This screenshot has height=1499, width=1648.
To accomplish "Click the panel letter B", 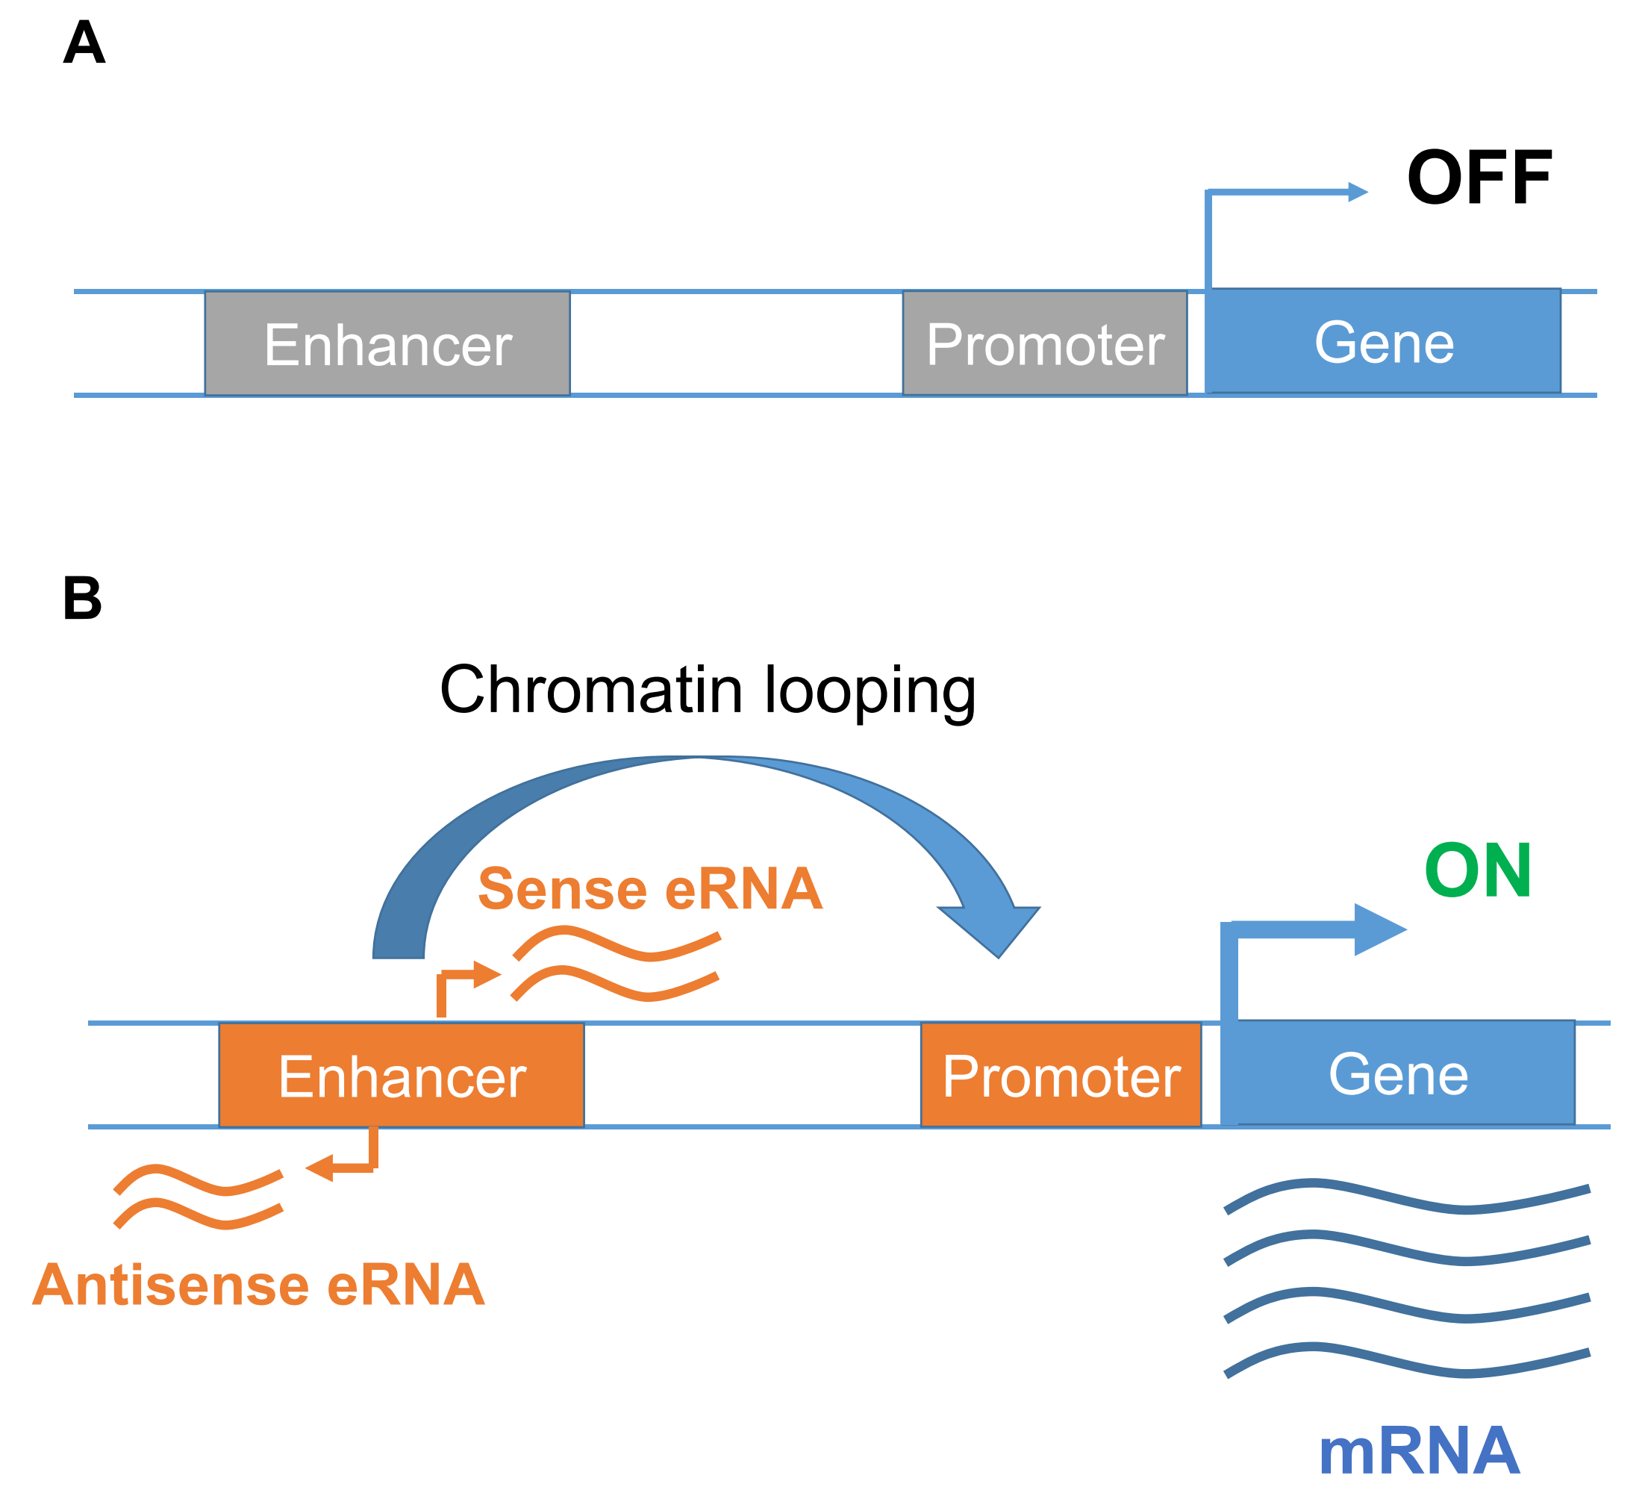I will pyautogui.click(x=83, y=599).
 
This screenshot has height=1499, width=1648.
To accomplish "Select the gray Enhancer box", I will pyautogui.click(x=387, y=343).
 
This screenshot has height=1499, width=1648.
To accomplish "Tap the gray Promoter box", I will pyautogui.click(x=1044, y=343).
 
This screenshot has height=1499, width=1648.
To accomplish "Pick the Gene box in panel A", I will pyautogui.click(x=1382, y=341).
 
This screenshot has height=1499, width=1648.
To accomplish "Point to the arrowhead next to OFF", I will pyautogui.click(x=1358, y=192).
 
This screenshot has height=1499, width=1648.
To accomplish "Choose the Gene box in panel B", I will pyautogui.click(x=1398, y=1073).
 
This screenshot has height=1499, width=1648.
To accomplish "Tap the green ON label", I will pyautogui.click(x=1477, y=871).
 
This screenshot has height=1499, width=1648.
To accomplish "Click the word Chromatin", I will pyautogui.click(x=591, y=689).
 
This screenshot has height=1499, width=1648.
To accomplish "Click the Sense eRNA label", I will pyautogui.click(x=650, y=889).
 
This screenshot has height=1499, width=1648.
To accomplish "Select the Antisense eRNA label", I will pyautogui.click(x=258, y=1285).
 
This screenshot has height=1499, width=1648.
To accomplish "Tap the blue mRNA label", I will pyautogui.click(x=1419, y=1450).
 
